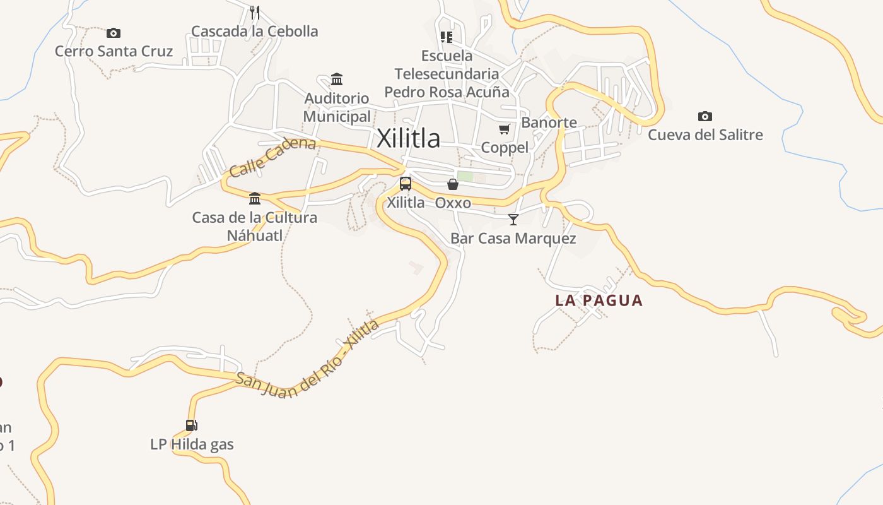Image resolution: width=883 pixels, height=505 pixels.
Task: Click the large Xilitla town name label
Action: pos(408,138)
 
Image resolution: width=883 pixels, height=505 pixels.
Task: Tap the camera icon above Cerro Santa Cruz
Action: pos(114,33)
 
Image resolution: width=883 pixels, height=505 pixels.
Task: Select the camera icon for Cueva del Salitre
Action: pos(705,116)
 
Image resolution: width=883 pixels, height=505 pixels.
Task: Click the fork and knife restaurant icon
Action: pos(254,12)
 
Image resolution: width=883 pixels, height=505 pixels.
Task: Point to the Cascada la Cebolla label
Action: pos(254,32)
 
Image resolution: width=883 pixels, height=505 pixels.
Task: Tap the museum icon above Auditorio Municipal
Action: pos(337,80)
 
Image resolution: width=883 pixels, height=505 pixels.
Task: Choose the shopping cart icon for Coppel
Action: pos(504,129)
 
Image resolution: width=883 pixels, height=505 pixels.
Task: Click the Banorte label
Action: pos(549,122)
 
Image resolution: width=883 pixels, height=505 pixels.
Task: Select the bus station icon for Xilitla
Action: pos(406,184)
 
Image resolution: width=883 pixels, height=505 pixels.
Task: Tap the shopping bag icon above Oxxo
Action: pos(453,184)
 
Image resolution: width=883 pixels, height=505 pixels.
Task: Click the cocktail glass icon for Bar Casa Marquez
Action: pos(513,220)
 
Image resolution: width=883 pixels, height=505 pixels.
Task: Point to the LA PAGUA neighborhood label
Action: pos(599,300)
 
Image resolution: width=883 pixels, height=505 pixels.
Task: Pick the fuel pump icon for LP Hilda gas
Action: pos(192,425)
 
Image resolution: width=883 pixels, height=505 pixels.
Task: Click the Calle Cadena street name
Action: pos(272,157)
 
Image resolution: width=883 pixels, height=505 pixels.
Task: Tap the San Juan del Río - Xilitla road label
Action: pos(308,360)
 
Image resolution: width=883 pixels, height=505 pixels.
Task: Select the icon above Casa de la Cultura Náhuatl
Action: pos(255,199)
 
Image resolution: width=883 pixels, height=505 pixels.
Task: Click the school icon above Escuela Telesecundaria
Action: pos(447,37)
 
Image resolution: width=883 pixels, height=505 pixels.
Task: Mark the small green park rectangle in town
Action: pos(465,176)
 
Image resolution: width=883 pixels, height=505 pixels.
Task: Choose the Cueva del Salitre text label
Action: pos(705,135)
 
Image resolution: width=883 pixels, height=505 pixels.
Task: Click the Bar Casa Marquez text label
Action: pos(513,239)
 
